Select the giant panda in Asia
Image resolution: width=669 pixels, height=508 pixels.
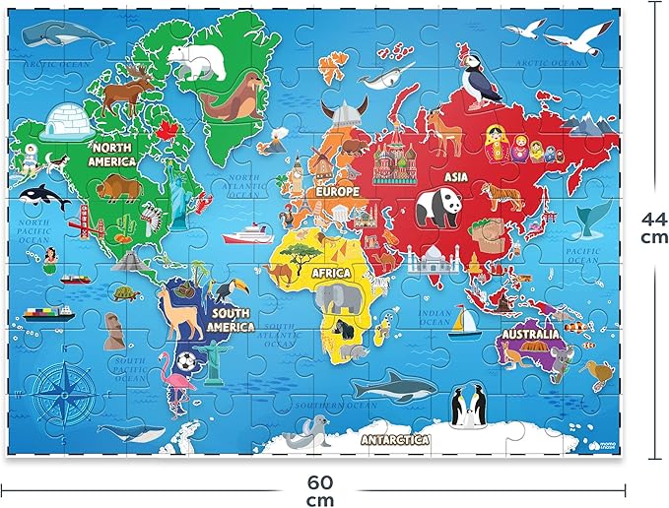click(436, 208)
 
